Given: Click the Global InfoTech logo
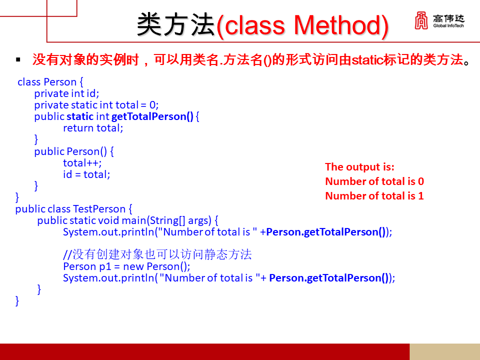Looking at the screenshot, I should [x=438, y=20].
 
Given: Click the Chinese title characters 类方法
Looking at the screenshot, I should [x=175, y=25].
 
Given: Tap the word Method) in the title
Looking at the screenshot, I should [x=340, y=25].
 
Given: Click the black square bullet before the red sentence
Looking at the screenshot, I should [x=18, y=60].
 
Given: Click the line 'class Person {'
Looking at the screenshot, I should [x=50, y=82].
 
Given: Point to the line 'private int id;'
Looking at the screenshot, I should [x=66, y=93].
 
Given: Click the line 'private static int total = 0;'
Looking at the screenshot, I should [x=96, y=105].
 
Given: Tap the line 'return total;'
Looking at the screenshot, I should [x=92, y=128].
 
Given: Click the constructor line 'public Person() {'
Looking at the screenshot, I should [x=74, y=151].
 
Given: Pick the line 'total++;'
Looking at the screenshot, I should [x=82, y=163].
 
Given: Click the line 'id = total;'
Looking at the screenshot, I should [x=86, y=174].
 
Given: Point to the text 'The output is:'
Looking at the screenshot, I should [x=359, y=167].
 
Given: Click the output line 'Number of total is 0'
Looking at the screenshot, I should [x=374, y=181].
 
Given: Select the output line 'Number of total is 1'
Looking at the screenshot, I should [x=374, y=196].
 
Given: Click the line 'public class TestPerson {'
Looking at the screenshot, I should [x=73, y=209].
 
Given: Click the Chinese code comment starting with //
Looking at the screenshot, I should [x=157, y=255].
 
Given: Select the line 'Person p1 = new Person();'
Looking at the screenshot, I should [x=126, y=266].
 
